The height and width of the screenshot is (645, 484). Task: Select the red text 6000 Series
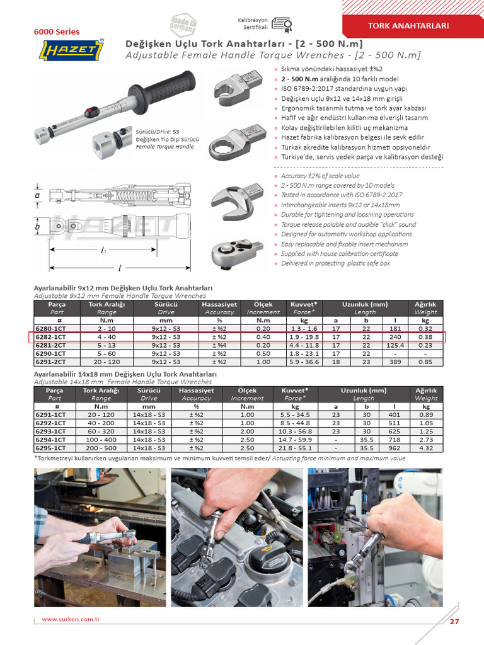pos(56,31)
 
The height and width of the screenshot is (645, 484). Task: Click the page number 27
pos(454,622)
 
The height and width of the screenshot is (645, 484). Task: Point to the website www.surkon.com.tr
pos(71,619)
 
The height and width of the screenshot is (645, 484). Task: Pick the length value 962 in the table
pos(395,448)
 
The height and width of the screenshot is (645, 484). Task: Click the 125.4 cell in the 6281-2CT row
pos(395,345)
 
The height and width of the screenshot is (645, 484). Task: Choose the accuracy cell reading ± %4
pos(219,345)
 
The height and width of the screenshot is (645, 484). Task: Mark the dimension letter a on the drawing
pos(37,196)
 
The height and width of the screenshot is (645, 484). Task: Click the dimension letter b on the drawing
pos(37,226)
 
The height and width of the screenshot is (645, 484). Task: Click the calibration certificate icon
pos(283,24)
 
